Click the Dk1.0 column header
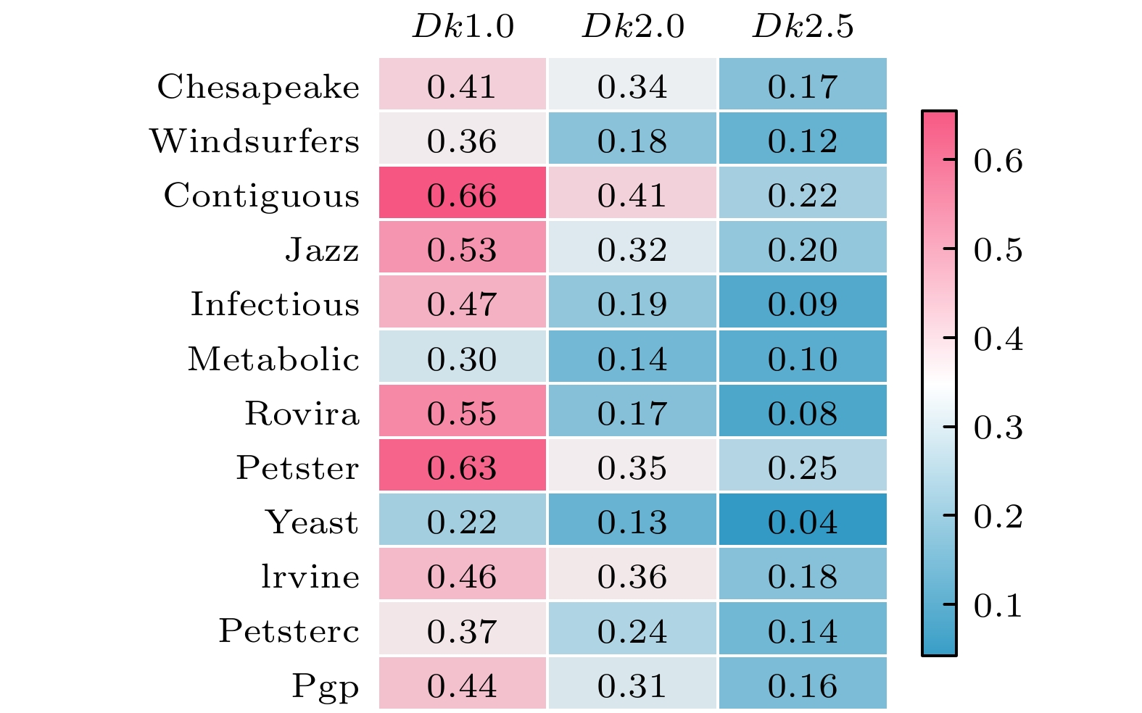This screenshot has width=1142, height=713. pos(463,28)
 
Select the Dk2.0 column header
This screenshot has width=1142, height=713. pos(633,28)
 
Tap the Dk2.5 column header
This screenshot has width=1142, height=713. pos(803,28)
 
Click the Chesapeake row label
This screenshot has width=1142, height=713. pos(258,87)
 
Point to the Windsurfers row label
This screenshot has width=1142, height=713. pos(255,141)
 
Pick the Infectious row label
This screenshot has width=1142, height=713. pos(275,304)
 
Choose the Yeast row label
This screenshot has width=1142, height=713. pos(312,522)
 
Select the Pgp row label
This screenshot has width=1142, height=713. pos(326,685)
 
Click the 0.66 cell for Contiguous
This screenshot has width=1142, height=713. pos(463,196)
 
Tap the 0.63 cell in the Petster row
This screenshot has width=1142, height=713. pos(463,468)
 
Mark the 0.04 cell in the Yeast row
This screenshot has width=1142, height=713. pos(803,522)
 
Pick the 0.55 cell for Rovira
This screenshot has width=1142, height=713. pos(463,414)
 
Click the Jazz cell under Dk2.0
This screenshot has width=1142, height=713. pos(633,250)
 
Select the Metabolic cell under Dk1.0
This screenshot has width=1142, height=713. pos(463,359)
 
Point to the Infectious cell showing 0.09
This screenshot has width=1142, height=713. pos(803,304)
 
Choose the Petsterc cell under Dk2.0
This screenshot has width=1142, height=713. pos(633,631)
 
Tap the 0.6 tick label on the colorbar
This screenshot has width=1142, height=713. pos(998,161)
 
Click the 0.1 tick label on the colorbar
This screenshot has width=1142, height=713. pos(998,606)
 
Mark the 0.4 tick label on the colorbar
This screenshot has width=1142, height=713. pos(998,339)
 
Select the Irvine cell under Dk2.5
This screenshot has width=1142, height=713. pos(803,577)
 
